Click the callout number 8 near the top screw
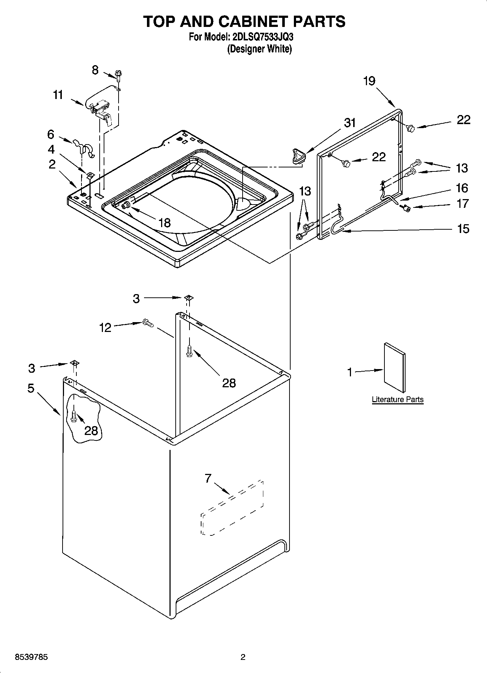95,70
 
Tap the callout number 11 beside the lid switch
58,95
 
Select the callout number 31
350,123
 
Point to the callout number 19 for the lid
369,81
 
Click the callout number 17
462,203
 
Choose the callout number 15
463,229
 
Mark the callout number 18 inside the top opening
164,223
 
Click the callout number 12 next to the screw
105,328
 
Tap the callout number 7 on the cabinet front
208,478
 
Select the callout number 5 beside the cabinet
31,388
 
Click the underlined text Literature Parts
398,399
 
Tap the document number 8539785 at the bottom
31,657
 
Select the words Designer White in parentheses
259,49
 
